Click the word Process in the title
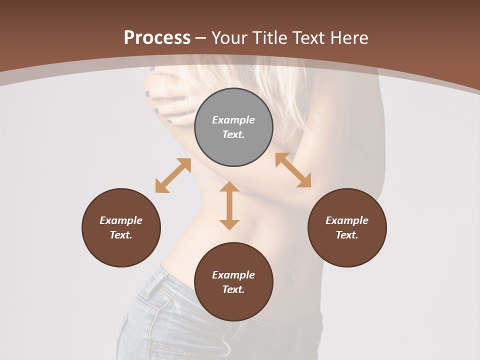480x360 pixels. coord(157,38)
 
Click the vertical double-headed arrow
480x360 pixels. coord(229,205)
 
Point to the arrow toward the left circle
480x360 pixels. coord(173,175)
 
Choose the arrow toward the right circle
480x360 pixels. coord(293,170)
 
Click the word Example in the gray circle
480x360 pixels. coord(233,120)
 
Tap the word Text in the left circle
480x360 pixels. coord(121,235)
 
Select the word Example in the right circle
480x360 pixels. coord(347,220)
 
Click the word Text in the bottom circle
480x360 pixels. coord(233,289)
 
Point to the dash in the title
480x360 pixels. coord(201,38)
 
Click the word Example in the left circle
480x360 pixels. coord(121,220)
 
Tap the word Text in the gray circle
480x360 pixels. coord(233,134)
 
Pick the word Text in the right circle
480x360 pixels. coord(347,235)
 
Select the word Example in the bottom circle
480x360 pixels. coord(233,275)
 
